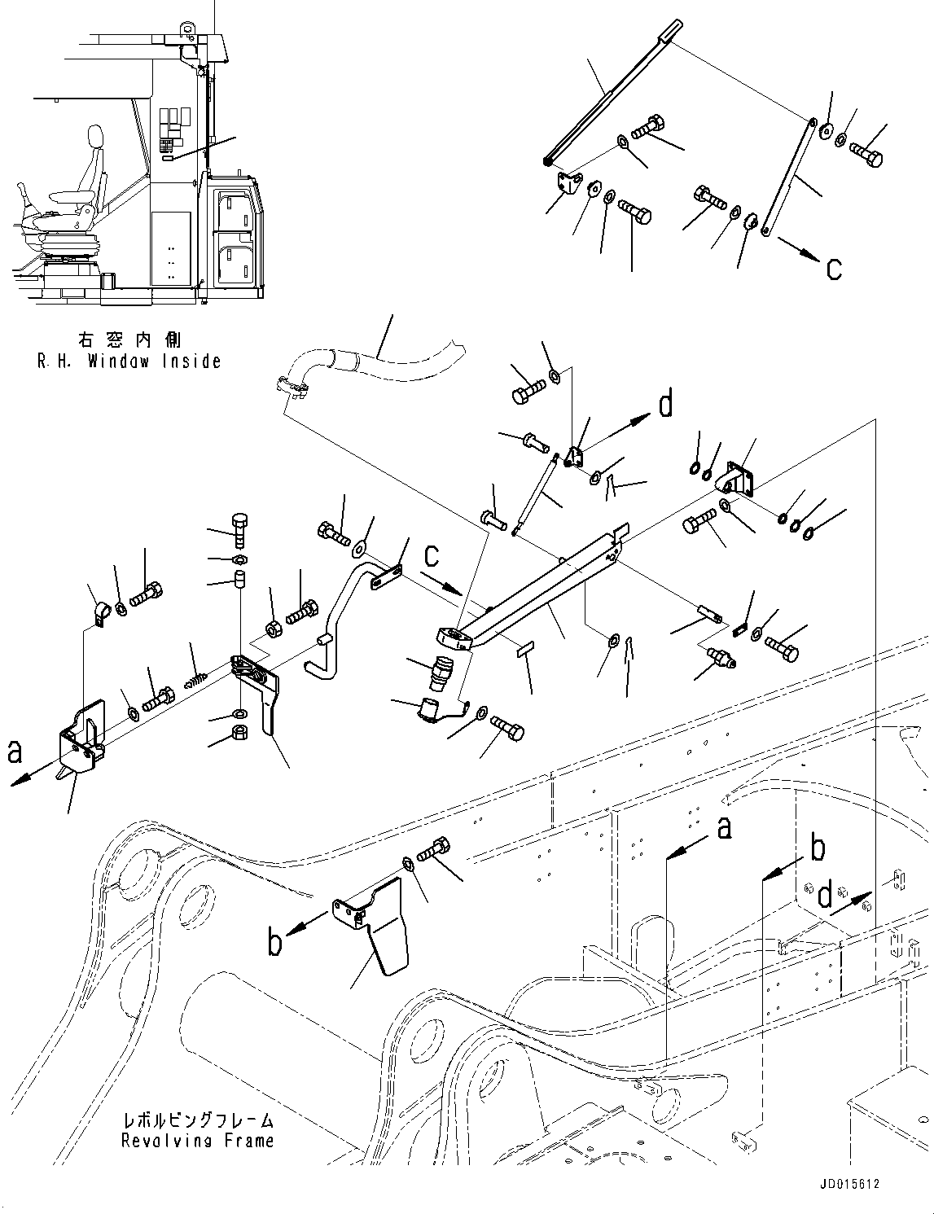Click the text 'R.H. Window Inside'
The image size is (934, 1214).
(129, 361)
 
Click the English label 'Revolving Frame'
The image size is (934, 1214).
(197, 1141)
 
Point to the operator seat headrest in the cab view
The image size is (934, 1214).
(94, 137)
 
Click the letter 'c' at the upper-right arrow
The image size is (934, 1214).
(833, 268)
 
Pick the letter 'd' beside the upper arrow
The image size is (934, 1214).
(665, 404)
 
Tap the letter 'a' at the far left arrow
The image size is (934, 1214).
(14, 753)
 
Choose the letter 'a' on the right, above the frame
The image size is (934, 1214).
(722, 827)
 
